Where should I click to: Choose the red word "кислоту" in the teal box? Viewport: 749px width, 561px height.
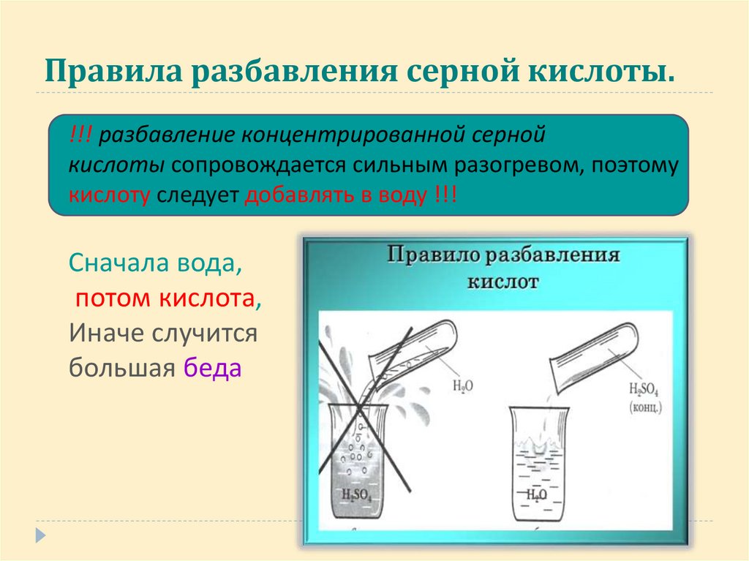tap(110, 195)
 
